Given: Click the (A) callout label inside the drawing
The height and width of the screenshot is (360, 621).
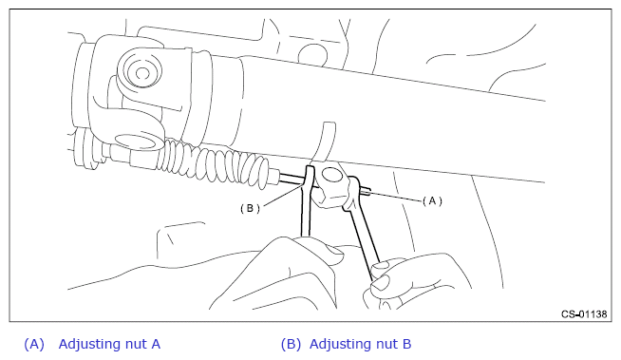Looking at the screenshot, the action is [x=432, y=201].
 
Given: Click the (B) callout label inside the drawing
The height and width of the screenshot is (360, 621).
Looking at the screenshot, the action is [x=251, y=208].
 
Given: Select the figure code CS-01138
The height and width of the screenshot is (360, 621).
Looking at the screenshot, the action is [x=584, y=314].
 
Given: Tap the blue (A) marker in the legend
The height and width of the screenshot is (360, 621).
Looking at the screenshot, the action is [x=34, y=344].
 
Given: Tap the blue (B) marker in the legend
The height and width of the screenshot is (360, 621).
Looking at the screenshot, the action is [x=291, y=344].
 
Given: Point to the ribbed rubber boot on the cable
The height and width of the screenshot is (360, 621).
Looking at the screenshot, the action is [x=216, y=161].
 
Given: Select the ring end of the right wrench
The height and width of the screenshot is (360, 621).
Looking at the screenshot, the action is [x=352, y=193].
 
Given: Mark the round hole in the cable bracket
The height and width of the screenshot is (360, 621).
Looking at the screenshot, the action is [x=332, y=175].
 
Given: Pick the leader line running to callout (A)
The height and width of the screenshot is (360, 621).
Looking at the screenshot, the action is [x=397, y=197].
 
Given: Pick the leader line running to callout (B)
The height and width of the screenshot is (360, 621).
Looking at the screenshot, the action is [x=284, y=197].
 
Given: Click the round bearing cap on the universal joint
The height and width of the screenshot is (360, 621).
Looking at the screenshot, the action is [x=141, y=70].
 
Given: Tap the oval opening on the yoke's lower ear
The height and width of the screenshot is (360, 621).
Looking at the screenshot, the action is [x=136, y=142].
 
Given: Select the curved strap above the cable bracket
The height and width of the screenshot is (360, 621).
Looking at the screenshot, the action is [x=325, y=142].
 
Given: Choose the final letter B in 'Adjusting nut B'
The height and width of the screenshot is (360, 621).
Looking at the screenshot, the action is [x=406, y=344].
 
